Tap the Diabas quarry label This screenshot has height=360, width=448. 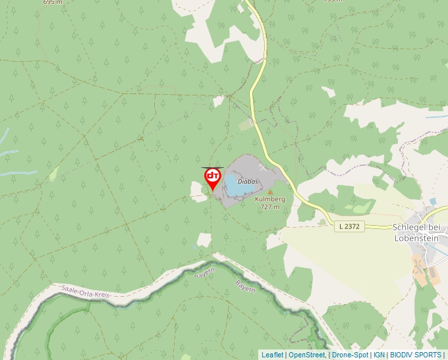248,181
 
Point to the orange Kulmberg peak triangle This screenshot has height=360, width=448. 269,192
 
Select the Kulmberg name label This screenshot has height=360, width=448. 269,199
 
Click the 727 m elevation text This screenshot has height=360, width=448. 269,207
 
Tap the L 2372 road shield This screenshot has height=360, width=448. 349,226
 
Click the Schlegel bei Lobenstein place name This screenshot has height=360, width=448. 416,232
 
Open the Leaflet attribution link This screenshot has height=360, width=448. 272,355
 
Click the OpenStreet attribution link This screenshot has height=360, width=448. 306,355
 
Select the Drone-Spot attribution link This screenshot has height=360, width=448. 350,355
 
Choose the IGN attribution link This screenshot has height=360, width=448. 379,355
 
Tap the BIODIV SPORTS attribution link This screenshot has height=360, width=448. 416,355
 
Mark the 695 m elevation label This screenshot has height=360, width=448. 53,2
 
